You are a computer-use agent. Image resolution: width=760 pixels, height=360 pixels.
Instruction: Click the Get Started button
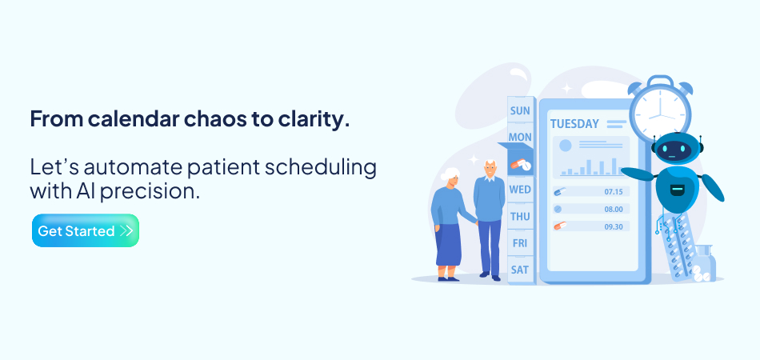click(x=86, y=231)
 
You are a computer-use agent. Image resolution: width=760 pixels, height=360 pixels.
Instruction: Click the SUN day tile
click(x=520, y=110)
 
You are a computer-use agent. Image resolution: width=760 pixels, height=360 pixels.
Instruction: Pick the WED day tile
click(x=520, y=190)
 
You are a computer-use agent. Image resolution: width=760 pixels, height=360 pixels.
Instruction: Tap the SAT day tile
click(x=520, y=270)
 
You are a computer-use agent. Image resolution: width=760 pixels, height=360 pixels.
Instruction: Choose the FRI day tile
click(x=520, y=243)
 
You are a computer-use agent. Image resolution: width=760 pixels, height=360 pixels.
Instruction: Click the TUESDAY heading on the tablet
click(x=574, y=124)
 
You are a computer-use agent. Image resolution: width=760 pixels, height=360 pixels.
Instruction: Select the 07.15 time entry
click(x=614, y=192)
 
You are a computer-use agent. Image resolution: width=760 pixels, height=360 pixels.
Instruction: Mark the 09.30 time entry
click(x=614, y=226)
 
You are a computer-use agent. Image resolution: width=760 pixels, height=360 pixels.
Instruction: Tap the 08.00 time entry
click(x=614, y=209)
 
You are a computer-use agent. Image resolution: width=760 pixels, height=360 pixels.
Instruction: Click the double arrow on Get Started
click(x=126, y=231)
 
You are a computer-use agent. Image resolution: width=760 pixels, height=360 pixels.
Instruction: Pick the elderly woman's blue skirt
click(x=449, y=244)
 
